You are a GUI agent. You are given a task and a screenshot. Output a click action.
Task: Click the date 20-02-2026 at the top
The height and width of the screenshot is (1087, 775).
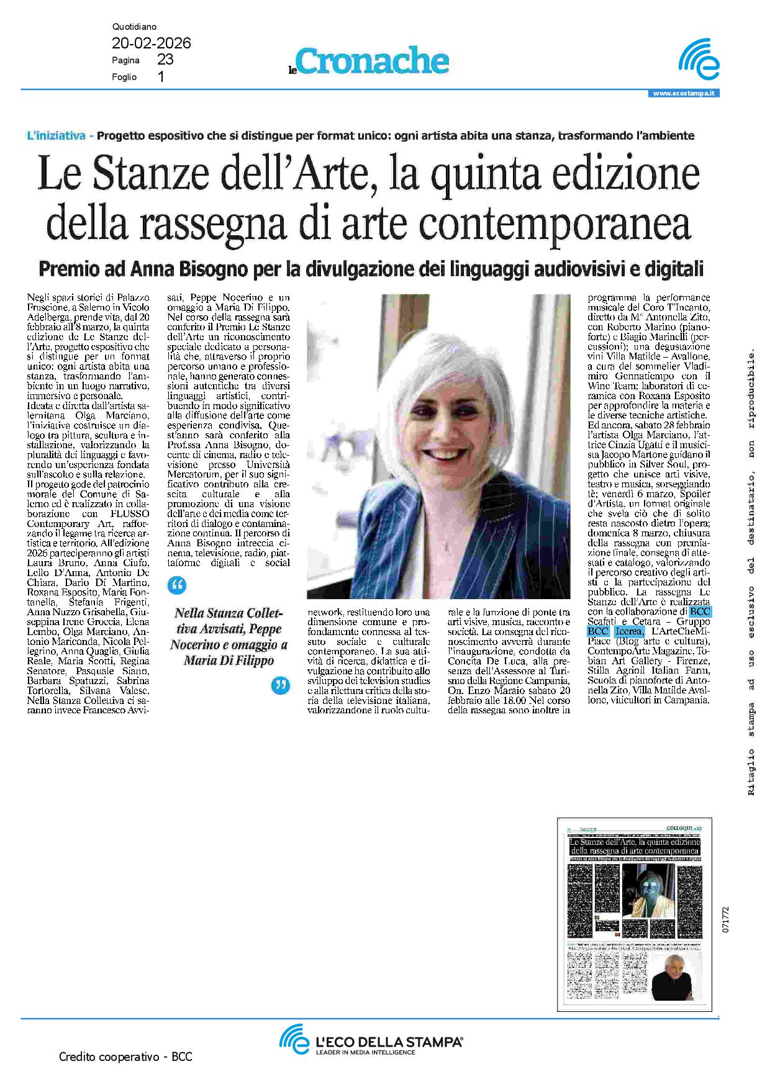151,43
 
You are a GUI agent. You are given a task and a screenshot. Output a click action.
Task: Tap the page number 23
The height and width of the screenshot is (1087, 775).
165,60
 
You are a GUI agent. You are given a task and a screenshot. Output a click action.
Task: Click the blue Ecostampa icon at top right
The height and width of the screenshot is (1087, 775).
699,60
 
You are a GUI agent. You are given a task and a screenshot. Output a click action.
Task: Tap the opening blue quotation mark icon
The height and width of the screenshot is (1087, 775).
176,585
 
